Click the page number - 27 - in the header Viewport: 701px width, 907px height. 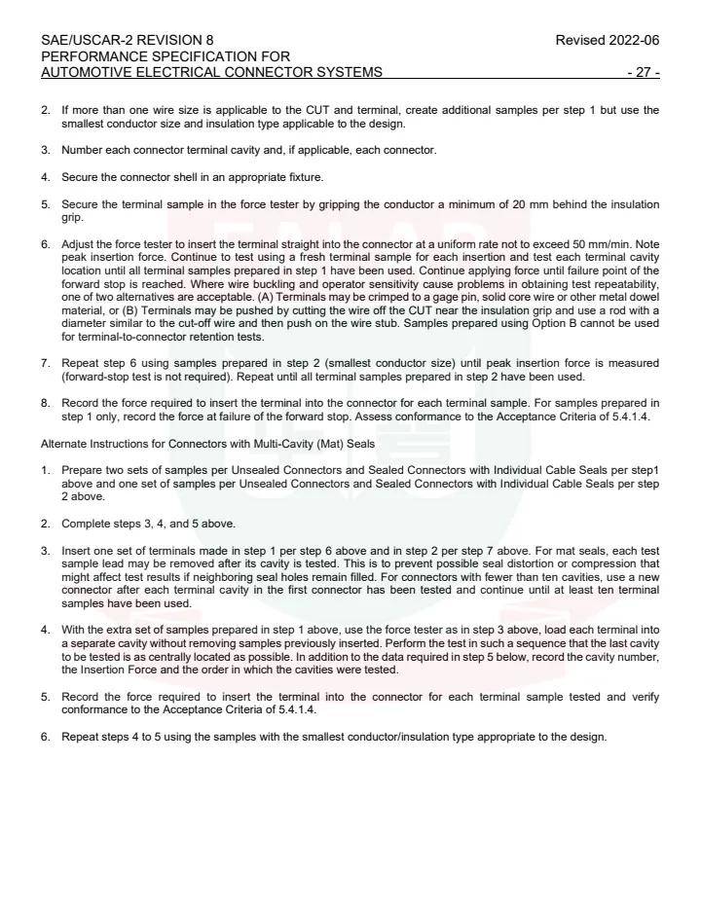(644, 72)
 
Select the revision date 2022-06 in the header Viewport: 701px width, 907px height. (634, 41)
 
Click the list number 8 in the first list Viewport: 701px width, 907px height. (46, 403)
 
